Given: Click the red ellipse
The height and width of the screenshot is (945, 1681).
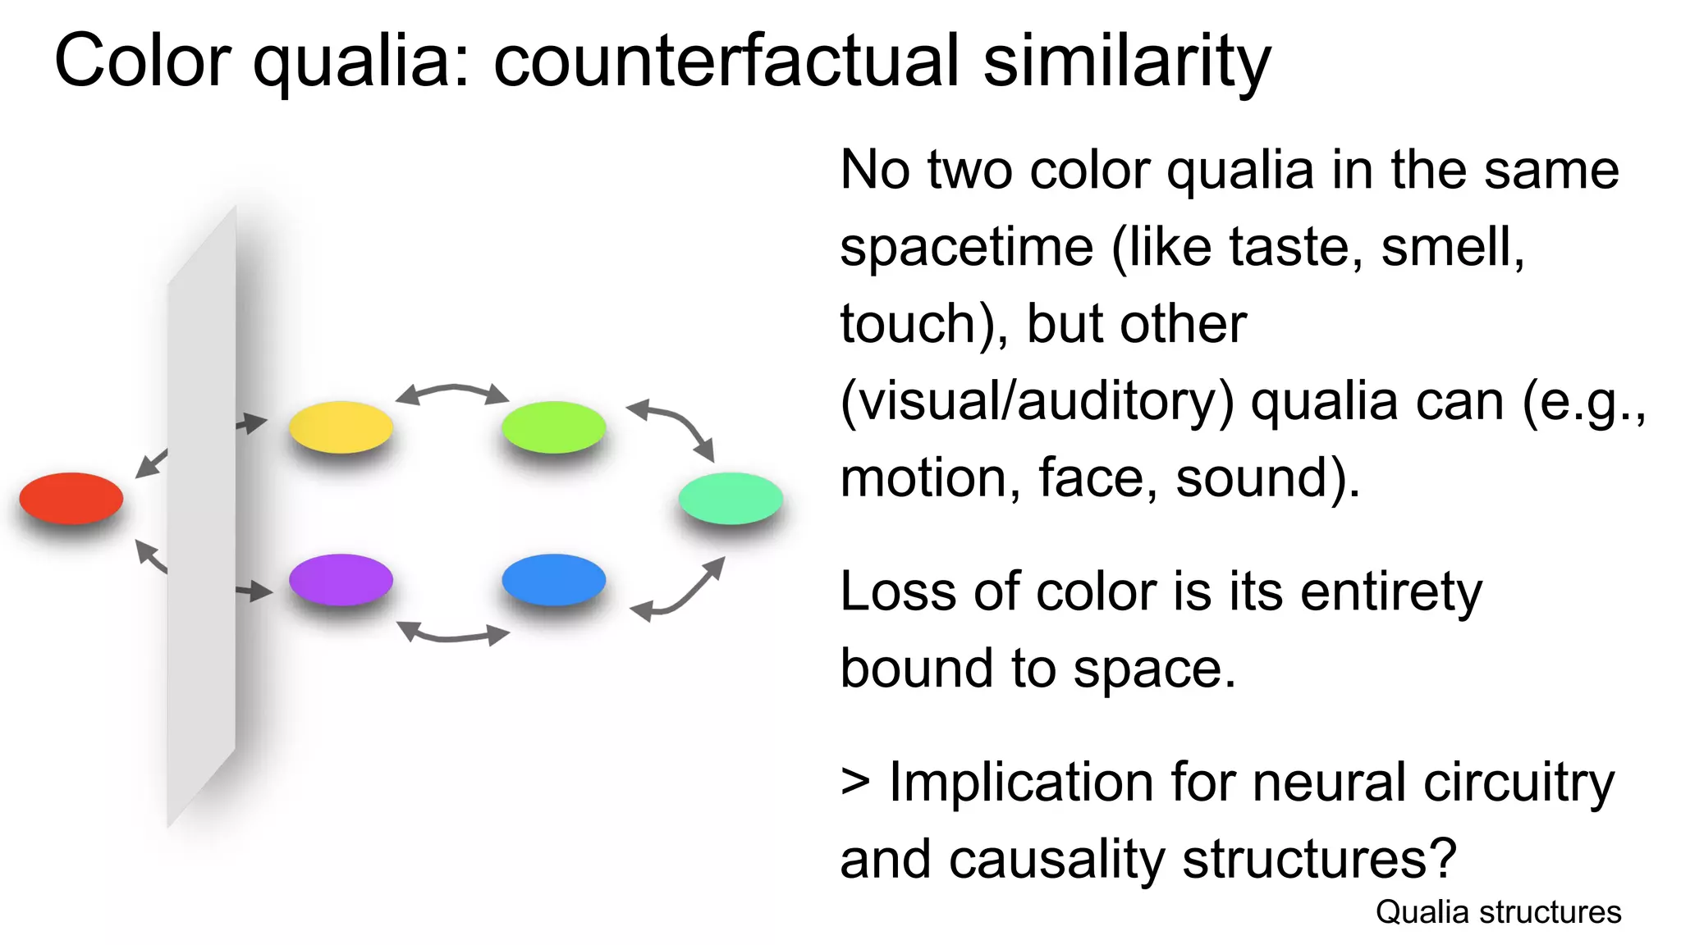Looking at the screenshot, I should [71, 498].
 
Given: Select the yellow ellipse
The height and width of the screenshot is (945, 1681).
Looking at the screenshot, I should [341, 427].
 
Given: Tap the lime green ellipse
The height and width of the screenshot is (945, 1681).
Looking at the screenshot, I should [554, 427].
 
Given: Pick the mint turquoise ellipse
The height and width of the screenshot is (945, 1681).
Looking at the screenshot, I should [731, 498].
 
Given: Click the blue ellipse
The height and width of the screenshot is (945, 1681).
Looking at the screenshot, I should [554, 579].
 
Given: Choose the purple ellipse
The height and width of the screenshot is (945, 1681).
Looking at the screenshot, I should [341, 579].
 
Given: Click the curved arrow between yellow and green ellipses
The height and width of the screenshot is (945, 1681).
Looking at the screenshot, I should [452, 390].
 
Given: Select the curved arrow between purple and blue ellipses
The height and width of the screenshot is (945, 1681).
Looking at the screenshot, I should [452, 635].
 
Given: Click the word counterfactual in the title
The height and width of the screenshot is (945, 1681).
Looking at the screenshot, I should [726, 61].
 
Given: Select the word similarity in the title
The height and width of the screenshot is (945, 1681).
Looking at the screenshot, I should [1126, 61].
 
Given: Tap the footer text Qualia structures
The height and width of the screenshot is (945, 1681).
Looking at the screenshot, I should [1498, 912].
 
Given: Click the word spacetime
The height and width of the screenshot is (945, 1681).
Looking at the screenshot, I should [967, 247].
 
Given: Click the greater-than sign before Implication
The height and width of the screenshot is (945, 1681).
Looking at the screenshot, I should [855, 783].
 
